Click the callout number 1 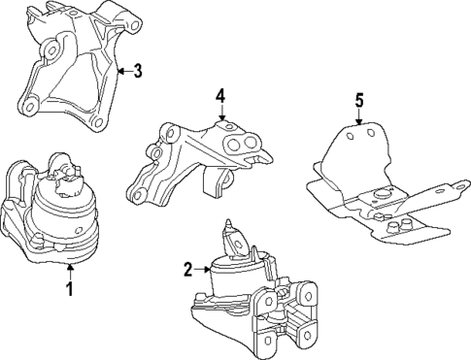69,288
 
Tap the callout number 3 138,70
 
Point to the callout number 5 358,99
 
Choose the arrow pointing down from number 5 358,118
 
